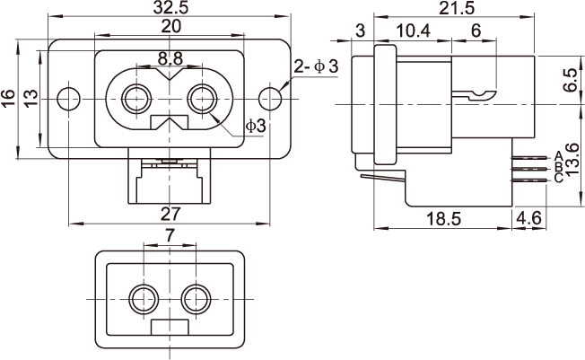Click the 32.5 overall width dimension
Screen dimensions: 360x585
click(170, 8)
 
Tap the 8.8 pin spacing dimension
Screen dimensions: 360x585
click(170, 59)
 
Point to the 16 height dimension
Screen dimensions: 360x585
click(9, 99)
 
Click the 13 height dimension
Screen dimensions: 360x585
click(30, 99)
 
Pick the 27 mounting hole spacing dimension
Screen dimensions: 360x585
click(170, 214)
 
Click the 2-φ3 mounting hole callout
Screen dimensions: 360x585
click(316, 67)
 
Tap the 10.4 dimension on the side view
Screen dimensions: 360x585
click(412, 31)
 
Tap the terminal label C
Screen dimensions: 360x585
click(559, 178)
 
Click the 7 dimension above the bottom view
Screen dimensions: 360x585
click(170, 235)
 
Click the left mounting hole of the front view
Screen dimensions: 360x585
click(68, 98)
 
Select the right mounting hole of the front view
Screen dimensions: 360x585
click(272, 98)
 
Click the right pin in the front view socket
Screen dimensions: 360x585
click(203, 98)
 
